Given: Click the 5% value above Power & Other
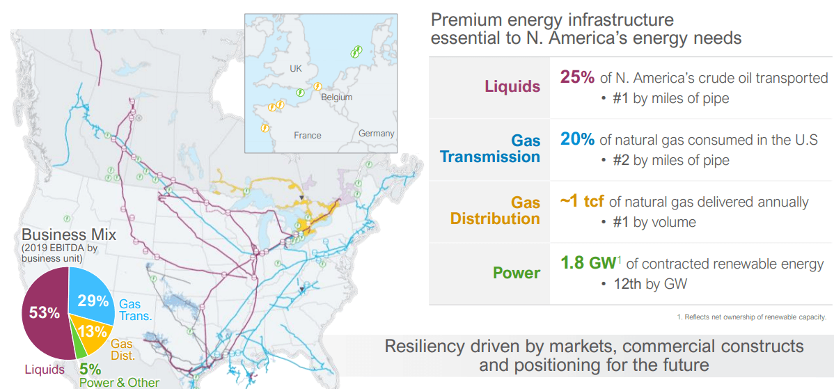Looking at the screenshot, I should [x=90, y=370].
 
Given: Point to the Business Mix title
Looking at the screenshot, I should [x=69, y=234].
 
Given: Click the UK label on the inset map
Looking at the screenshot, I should [x=296, y=69].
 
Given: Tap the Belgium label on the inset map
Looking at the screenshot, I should [x=336, y=97].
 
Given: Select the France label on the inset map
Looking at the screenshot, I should [x=307, y=135].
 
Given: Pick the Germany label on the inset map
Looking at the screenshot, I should [x=376, y=133].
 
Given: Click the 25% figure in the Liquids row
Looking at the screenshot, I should [x=576, y=77].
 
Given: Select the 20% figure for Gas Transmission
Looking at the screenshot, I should [x=577, y=139].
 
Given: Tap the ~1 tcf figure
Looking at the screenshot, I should [x=582, y=202].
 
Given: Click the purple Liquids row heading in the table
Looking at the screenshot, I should [x=512, y=87].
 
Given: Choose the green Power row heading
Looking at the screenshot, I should [x=516, y=273].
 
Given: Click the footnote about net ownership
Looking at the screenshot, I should [x=751, y=317].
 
